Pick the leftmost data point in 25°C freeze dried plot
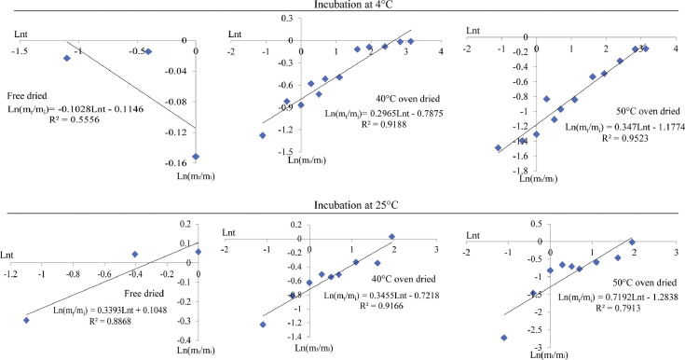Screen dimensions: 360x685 coord(26,319)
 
